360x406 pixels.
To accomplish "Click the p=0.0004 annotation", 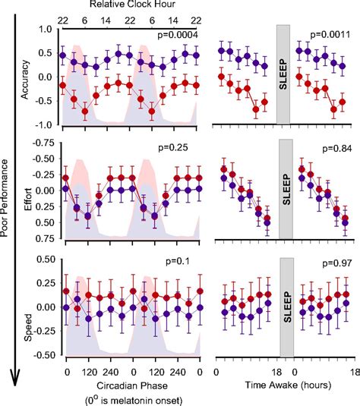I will (x=177, y=36).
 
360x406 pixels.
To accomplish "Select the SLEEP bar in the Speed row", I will (x=284, y=306).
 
